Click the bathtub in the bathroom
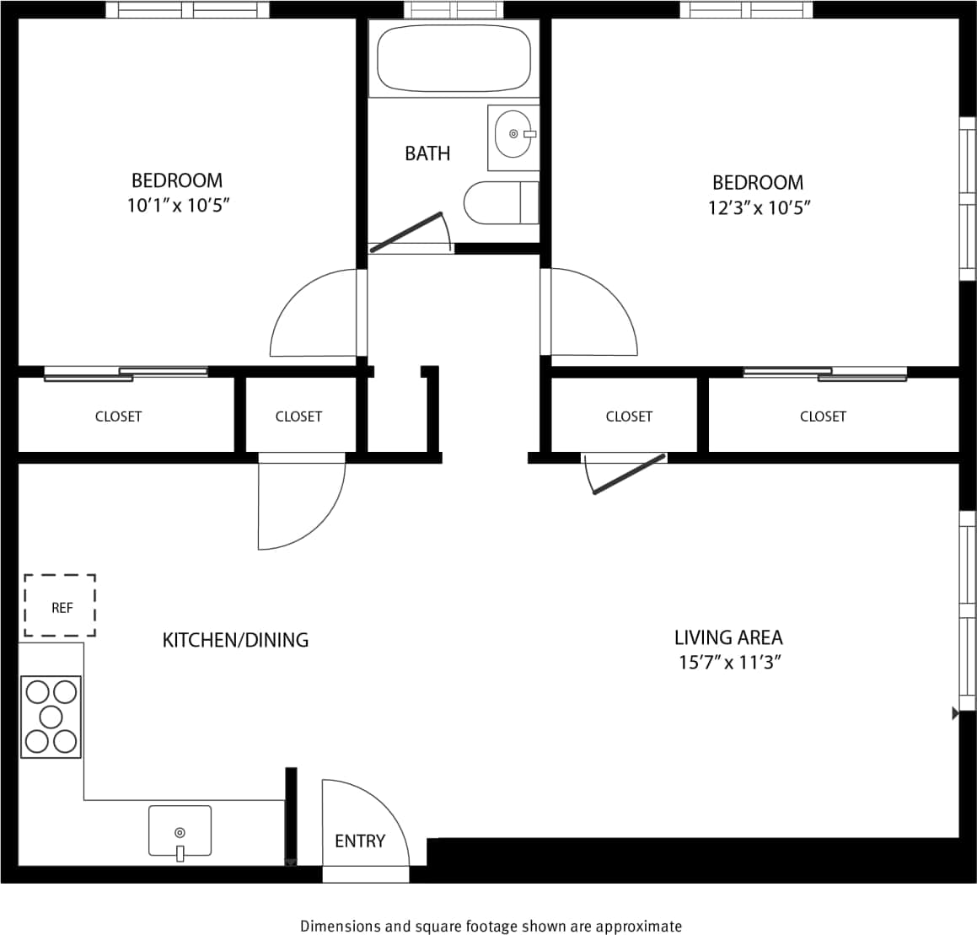click(454, 58)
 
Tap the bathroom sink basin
click(513, 134)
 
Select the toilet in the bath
click(500, 202)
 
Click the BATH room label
click(427, 153)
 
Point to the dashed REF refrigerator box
click(60, 606)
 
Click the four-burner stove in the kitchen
click(51, 717)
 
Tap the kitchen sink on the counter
click(180, 831)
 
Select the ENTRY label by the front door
click(360, 841)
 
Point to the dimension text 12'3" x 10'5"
click(759, 207)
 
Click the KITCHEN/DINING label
click(235, 640)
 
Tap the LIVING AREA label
click(728, 637)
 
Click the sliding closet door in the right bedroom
click(824, 373)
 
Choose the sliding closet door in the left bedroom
click(126, 373)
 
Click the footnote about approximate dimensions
click(491, 926)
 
